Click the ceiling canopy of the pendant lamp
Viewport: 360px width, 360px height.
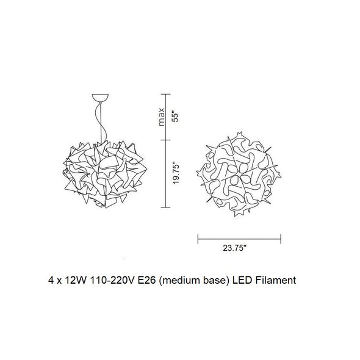pos(100,98)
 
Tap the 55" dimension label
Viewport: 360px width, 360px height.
pos(175,117)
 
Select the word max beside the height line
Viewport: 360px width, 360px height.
pos(162,117)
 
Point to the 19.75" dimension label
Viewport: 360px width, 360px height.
pos(176,173)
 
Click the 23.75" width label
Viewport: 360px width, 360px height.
pos(235,248)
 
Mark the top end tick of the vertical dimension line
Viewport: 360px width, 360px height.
pos(165,94)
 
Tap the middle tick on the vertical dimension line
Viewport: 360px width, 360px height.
pos(165,140)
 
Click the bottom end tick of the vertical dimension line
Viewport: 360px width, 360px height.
pos(165,207)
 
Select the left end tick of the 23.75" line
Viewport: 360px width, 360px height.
pos(198,239)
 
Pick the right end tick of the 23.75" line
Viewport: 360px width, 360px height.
pos(281,239)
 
